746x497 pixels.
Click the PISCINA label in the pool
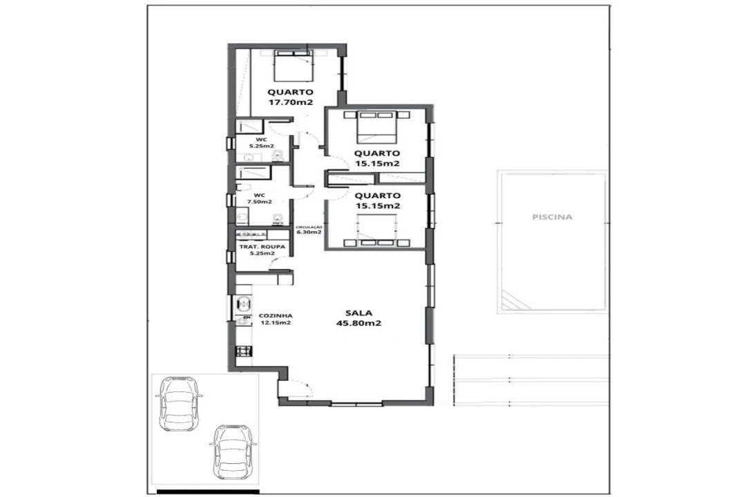click(x=552, y=217)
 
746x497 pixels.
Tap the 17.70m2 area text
click(x=290, y=102)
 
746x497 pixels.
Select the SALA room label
click(x=358, y=313)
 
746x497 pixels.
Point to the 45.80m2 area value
click(x=358, y=324)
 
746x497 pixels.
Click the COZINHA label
click(x=276, y=315)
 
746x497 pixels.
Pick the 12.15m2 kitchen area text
click(x=276, y=322)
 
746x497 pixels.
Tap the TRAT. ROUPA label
click(x=262, y=247)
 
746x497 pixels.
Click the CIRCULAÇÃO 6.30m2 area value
click(x=309, y=232)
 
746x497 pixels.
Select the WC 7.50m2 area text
click(x=259, y=202)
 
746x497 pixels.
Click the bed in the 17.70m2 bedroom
click(x=294, y=66)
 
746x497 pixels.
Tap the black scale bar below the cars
click(x=208, y=491)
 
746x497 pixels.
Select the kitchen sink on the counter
click(x=244, y=303)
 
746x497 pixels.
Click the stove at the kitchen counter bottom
click(x=244, y=351)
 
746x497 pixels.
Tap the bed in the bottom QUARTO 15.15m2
click(x=376, y=231)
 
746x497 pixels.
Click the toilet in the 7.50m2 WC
click(x=278, y=220)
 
